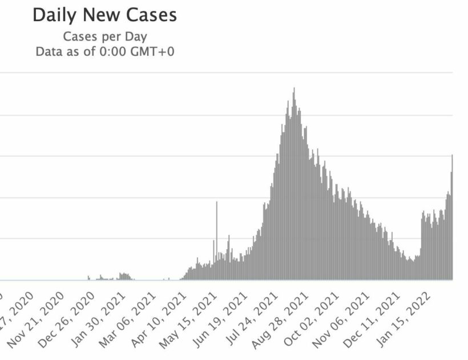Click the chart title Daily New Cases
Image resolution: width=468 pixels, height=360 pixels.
coord(104,15)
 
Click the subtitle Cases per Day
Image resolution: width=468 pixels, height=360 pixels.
coord(104,37)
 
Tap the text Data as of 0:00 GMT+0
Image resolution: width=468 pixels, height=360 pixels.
coord(104,51)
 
